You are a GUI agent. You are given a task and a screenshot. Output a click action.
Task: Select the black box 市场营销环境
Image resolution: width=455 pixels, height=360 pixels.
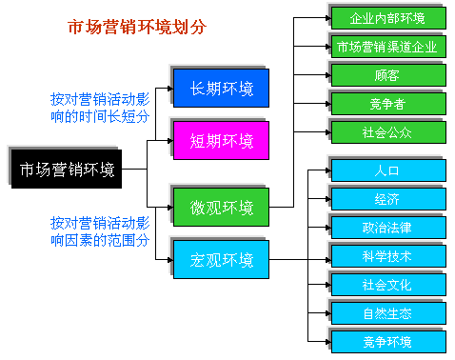click(67, 170)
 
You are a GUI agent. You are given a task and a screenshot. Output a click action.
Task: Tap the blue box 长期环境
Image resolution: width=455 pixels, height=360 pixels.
click(221, 88)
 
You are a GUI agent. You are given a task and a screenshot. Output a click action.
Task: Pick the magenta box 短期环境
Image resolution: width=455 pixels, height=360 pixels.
click(221, 141)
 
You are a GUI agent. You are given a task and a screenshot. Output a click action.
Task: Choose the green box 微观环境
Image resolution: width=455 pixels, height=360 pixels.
click(221, 207)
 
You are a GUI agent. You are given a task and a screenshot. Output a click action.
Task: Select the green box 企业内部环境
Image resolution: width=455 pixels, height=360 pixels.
click(387, 18)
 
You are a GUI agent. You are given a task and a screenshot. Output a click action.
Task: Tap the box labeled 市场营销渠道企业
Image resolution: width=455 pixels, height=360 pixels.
click(387, 46)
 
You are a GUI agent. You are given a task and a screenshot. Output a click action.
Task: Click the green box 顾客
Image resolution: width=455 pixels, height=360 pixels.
click(387, 74)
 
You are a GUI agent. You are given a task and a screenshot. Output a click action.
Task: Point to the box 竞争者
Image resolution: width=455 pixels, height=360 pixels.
click(387, 103)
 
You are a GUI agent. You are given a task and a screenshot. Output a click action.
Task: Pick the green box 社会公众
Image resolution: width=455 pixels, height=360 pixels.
click(387, 131)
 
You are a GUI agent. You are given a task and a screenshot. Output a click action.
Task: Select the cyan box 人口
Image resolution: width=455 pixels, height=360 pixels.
click(387, 170)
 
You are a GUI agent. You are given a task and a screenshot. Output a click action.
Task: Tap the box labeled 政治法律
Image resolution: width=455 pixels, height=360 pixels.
click(387, 227)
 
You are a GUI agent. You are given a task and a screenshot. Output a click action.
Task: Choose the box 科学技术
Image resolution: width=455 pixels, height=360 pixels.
click(387, 255)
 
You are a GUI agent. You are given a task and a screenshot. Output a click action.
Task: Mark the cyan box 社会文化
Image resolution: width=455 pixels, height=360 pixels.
click(387, 284)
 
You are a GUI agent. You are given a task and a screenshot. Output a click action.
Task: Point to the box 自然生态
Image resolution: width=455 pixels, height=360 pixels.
click(387, 312)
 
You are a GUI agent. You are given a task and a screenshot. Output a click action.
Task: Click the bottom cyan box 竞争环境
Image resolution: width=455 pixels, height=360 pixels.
click(387, 341)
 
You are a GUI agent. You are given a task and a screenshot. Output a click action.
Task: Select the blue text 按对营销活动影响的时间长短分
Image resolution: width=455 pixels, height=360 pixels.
click(100, 106)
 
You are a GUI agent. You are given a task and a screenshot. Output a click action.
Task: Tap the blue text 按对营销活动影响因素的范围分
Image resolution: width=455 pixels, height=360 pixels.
click(100, 231)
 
